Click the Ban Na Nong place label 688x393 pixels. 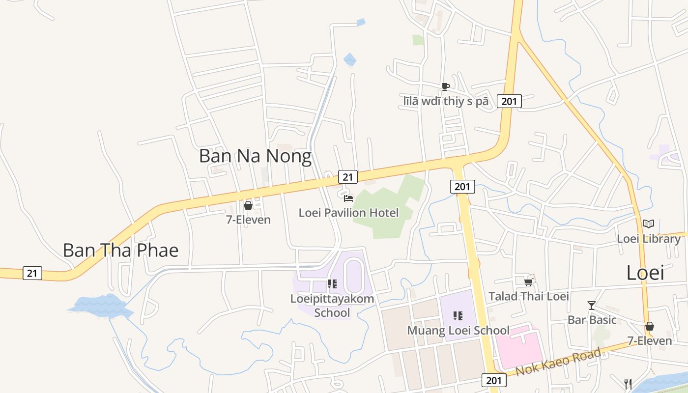click(x=255, y=156)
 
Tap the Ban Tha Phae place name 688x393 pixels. click(x=120, y=251)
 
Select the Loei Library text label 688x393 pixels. click(x=649, y=239)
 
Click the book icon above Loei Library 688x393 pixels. click(x=649, y=224)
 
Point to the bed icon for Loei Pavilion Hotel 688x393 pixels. click(x=348, y=198)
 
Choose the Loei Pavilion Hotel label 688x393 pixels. click(x=348, y=213)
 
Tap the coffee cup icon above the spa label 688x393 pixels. click(x=445, y=87)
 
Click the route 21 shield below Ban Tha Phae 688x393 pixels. click(x=32, y=274)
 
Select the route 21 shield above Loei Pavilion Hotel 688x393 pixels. click(x=347, y=177)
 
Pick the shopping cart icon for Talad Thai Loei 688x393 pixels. click(x=528, y=282)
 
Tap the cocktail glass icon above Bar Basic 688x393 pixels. click(x=592, y=306)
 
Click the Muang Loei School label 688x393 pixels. click(x=458, y=331)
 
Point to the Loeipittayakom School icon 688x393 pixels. click(x=332, y=284)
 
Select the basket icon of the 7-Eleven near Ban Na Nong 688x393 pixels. click(x=248, y=205)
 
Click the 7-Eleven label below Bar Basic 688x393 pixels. click(x=649, y=340)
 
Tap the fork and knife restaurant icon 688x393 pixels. click(x=628, y=383)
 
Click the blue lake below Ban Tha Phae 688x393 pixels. click(x=100, y=307)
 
